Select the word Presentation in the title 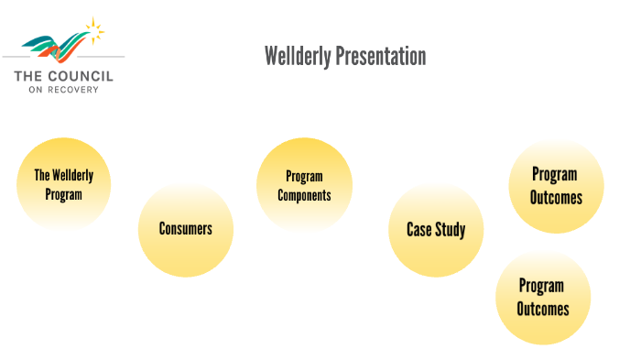(380, 57)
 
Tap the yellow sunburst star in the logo (92, 30)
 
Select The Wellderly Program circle (63, 184)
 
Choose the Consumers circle (185, 229)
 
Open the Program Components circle (304, 185)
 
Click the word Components (304, 195)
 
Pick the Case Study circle (436, 229)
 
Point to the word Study (451, 229)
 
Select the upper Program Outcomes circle (556, 185)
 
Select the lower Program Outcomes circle (542, 297)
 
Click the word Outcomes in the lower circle (542, 309)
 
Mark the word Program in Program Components (304, 176)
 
